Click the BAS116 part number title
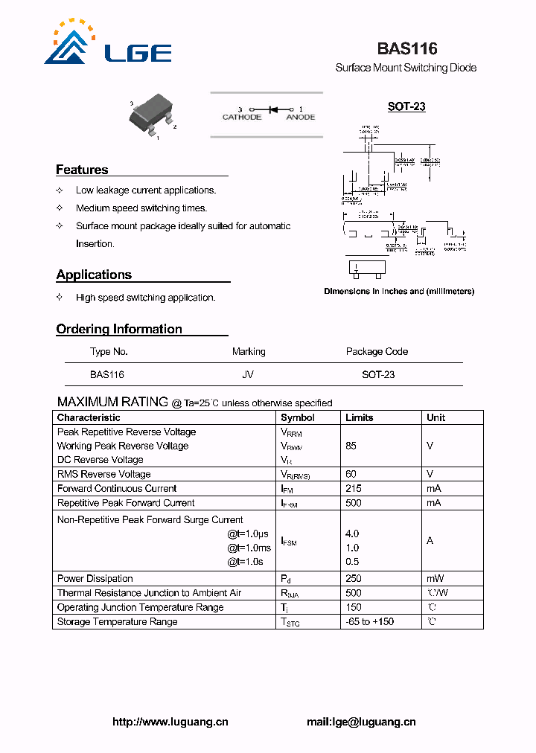(406, 49)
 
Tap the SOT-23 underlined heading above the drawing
(406, 106)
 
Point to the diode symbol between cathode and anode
(272, 109)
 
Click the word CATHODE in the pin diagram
(242, 118)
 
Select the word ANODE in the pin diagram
(301, 118)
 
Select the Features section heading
(82, 170)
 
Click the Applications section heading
(94, 275)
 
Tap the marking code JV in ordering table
(248, 375)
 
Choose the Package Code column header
(377, 351)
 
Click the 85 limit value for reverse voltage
(351, 446)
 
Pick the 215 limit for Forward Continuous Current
(354, 489)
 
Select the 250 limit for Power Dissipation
(354, 579)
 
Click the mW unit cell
(435, 579)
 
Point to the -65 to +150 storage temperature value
(370, 622)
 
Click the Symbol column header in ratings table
(298, 417)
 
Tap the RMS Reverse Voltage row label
(104, 475)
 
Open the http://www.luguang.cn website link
(170, 722)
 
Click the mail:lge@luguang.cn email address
(361, 722)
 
